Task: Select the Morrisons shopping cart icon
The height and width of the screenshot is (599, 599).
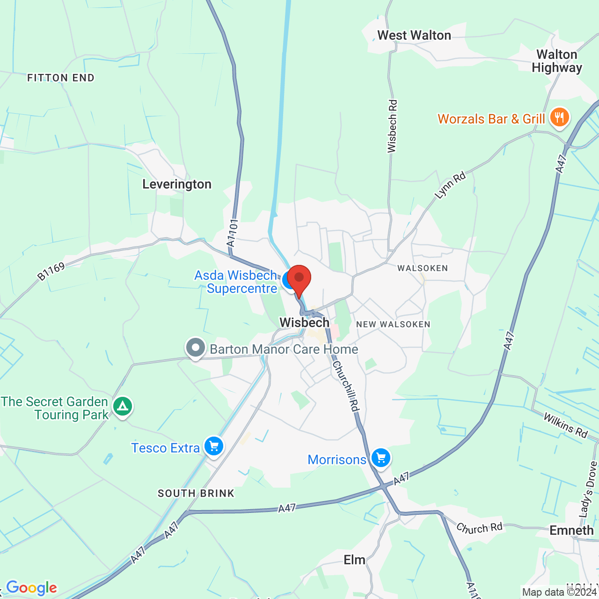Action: [381, 458]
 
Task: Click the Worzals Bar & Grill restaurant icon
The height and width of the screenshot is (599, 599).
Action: [559, 117]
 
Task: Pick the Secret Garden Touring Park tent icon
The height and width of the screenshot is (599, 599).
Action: [123, 406]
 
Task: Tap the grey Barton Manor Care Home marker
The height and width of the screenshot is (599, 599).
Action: [196, 348]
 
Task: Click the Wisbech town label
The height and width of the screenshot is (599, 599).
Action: [305, 322]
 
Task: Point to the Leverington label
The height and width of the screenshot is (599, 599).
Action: [177, 184]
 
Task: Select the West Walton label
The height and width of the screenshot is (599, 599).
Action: [414, 36]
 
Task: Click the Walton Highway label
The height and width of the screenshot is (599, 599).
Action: [557, 61]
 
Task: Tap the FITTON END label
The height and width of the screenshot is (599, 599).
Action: [61, 78]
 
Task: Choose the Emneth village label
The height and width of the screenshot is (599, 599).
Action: [571, 530]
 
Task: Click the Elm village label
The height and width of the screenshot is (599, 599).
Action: [354, 560]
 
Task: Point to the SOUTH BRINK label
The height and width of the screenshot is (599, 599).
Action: [196, 493]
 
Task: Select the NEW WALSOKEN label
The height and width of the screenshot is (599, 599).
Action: [393, 324]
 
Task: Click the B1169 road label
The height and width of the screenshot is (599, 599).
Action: [51, 271]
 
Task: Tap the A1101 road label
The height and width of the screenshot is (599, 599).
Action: [233, 233]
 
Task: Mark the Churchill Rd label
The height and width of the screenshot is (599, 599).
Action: [346, 386]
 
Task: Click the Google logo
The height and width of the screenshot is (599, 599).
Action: [32, 588]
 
